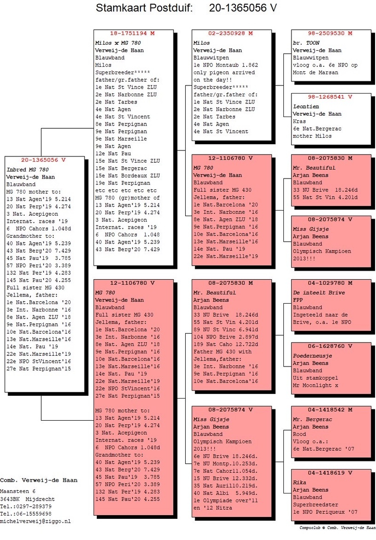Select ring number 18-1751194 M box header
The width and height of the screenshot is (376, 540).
(132, 34)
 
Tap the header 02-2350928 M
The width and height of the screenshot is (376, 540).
(231, 34)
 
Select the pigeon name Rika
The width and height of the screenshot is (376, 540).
(300, 482)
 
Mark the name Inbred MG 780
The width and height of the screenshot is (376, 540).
(28, 169)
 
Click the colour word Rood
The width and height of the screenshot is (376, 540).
(299, 434)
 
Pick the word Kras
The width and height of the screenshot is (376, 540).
(299, 121)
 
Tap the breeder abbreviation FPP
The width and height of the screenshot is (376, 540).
(298, 300)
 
